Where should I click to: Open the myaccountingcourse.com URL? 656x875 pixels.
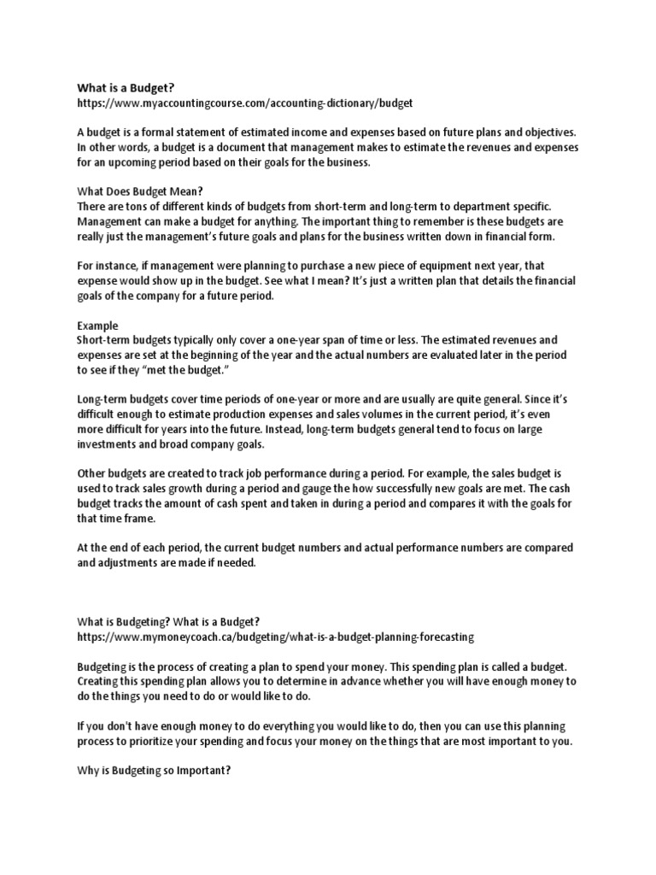245,103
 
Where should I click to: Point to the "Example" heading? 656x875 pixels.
98,326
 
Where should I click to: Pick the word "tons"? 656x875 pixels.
135,208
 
